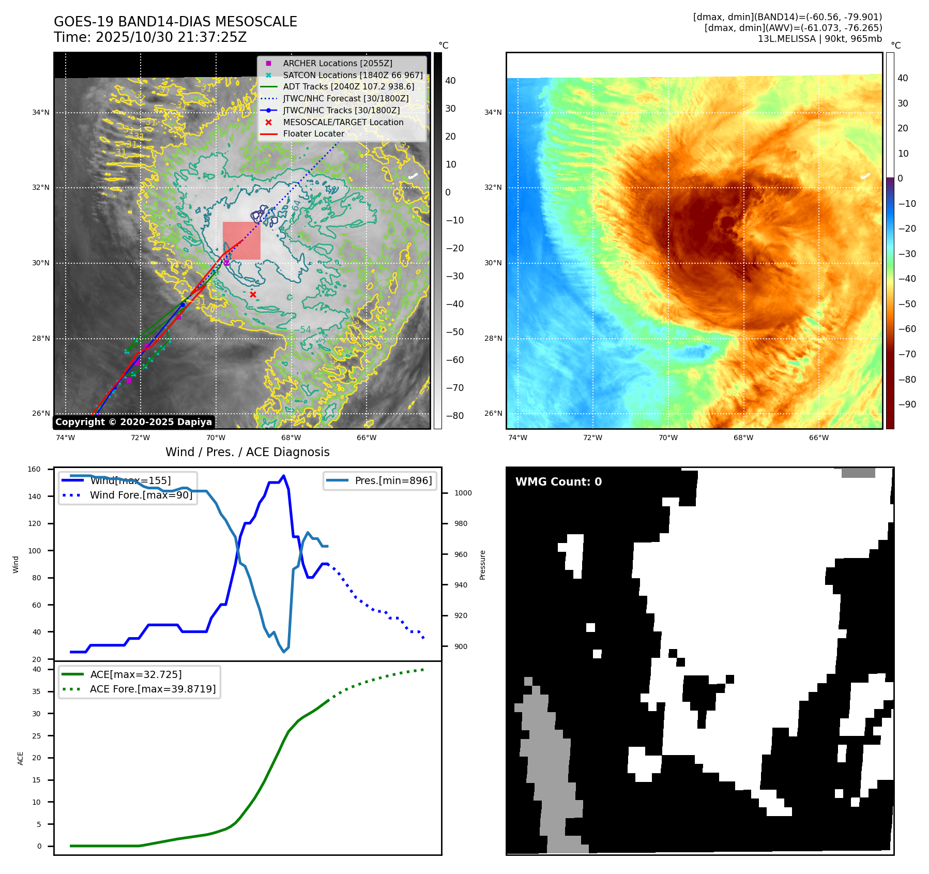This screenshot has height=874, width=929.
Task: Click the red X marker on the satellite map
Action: pyautogui.click(x=253, y=295)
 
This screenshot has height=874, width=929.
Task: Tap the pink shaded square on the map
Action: pyautogui.click(x=241, y=240)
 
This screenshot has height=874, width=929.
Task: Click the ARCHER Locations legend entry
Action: pyautogui.click(x=337, y=63)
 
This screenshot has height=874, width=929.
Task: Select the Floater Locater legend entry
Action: pyautogui.click(x=313, y=133)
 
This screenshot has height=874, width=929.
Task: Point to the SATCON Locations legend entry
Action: pyautogui.click(x=353, y=75)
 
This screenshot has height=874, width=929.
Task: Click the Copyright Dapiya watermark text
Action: pyautogui.click(x=133, y=422)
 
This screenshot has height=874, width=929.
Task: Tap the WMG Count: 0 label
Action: pyautogui.click(x=558, y=482)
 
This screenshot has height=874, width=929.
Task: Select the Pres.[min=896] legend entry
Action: pyautogui.click(x=393, y=480)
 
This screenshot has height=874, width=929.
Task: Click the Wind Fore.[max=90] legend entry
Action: pyautogui.click(x=141, y=495)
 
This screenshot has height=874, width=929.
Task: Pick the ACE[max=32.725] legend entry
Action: pyautogui.click(x=135, y=674)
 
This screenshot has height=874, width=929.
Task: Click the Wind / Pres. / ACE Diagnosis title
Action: pyautogui.click(x=247, y=452)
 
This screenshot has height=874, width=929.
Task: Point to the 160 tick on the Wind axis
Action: pyautogui.click(x=34, y=470)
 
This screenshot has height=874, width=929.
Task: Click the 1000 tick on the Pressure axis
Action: pyautogui.click(x=463, y=493)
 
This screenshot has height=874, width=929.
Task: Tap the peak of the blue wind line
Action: pyautogui.click(x=283, y=476)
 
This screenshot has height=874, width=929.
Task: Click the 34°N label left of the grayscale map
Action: pyautogui.click(x=41, y=112)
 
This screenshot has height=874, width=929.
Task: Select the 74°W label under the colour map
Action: pyautogui.click(x=517, y=438)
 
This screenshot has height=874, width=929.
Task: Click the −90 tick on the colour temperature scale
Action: pyautogui.click(x=907, y=404)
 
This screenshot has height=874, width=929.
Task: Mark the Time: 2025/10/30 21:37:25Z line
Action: pyautogui.click(x=150, y=38)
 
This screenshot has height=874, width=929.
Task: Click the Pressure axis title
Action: pyautogui.click(x=482, y=565)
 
